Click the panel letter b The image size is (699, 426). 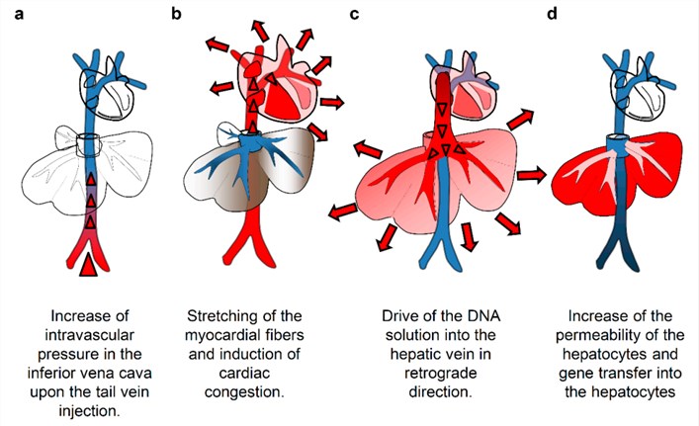178,14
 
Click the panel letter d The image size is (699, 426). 551,14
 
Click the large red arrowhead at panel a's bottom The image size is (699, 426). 89,264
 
